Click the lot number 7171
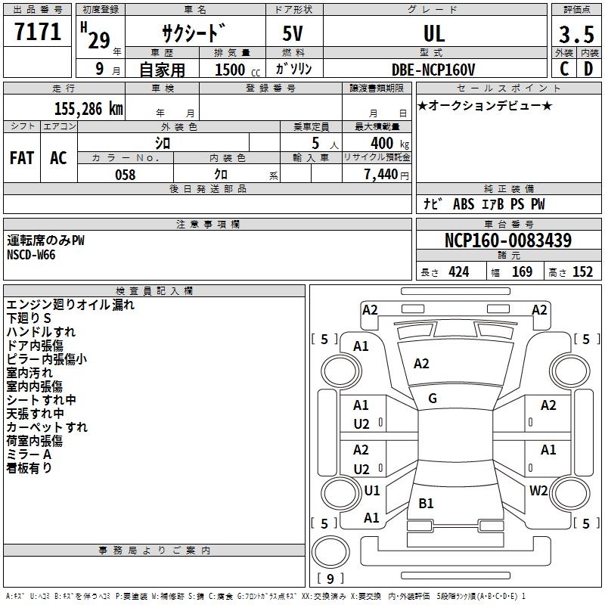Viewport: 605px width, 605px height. [39, 33]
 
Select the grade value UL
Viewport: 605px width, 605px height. [434, 33]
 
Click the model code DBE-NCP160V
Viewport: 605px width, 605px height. [434, 70]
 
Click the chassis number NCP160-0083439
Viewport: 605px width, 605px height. [508, 240]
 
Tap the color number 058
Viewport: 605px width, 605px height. [125, 175]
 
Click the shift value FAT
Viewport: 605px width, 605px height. [22, 158]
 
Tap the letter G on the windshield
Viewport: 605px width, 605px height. [433, 399]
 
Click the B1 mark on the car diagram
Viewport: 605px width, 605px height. [426, 504]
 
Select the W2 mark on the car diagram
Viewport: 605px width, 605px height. [538, 491]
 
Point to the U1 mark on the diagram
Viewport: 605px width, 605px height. [371, 491]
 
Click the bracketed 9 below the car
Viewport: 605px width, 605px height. [329, 579]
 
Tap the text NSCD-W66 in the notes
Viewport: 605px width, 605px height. [31, 254]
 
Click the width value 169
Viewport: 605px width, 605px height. [523, 272]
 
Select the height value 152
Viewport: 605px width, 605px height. [582, 272]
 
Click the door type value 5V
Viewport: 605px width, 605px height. [294, 33]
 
